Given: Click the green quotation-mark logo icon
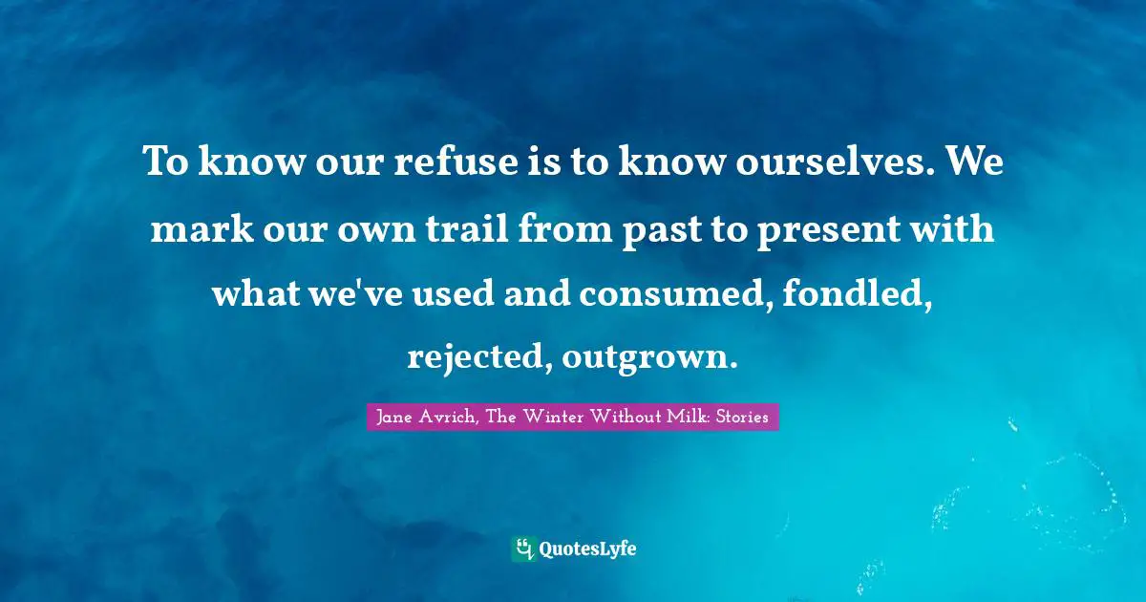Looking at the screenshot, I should [523, 548].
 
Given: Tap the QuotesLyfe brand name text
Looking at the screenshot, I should [587, 548].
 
